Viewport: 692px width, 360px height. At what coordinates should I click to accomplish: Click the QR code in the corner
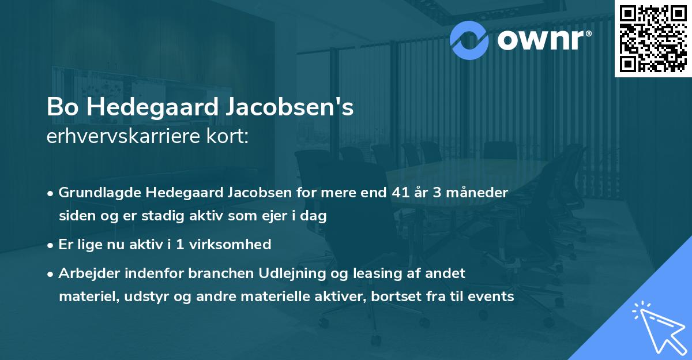coord(653,38)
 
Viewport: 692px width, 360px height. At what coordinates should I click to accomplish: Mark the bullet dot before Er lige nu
coord(51,245)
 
